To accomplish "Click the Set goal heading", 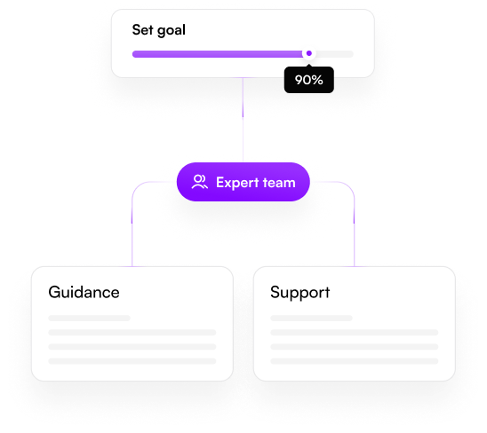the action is tap(159, 30).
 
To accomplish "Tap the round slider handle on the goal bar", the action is tap(308, 53).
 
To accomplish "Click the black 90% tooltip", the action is tap(309, 80).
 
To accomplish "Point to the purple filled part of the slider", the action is tap(218, 54).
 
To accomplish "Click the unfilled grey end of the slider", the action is tap(335, 54).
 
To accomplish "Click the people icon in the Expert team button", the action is tap(199, 182).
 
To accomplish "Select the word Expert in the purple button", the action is tap(237, 183).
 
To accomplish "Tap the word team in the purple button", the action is tap(279, 183).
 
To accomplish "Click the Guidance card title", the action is tap(84, 292).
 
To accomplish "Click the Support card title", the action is tap(300, 293).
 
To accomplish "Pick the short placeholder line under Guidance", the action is tap(89, 318).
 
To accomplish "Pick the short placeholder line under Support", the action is tap(311, 318).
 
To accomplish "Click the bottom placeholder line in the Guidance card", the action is tap(132, 361).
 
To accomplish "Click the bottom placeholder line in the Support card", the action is tap(354, 361).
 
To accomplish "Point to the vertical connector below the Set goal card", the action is tap(243, 120).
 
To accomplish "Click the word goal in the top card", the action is tap(172, 31).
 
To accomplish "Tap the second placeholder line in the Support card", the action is tap(354, 333).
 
